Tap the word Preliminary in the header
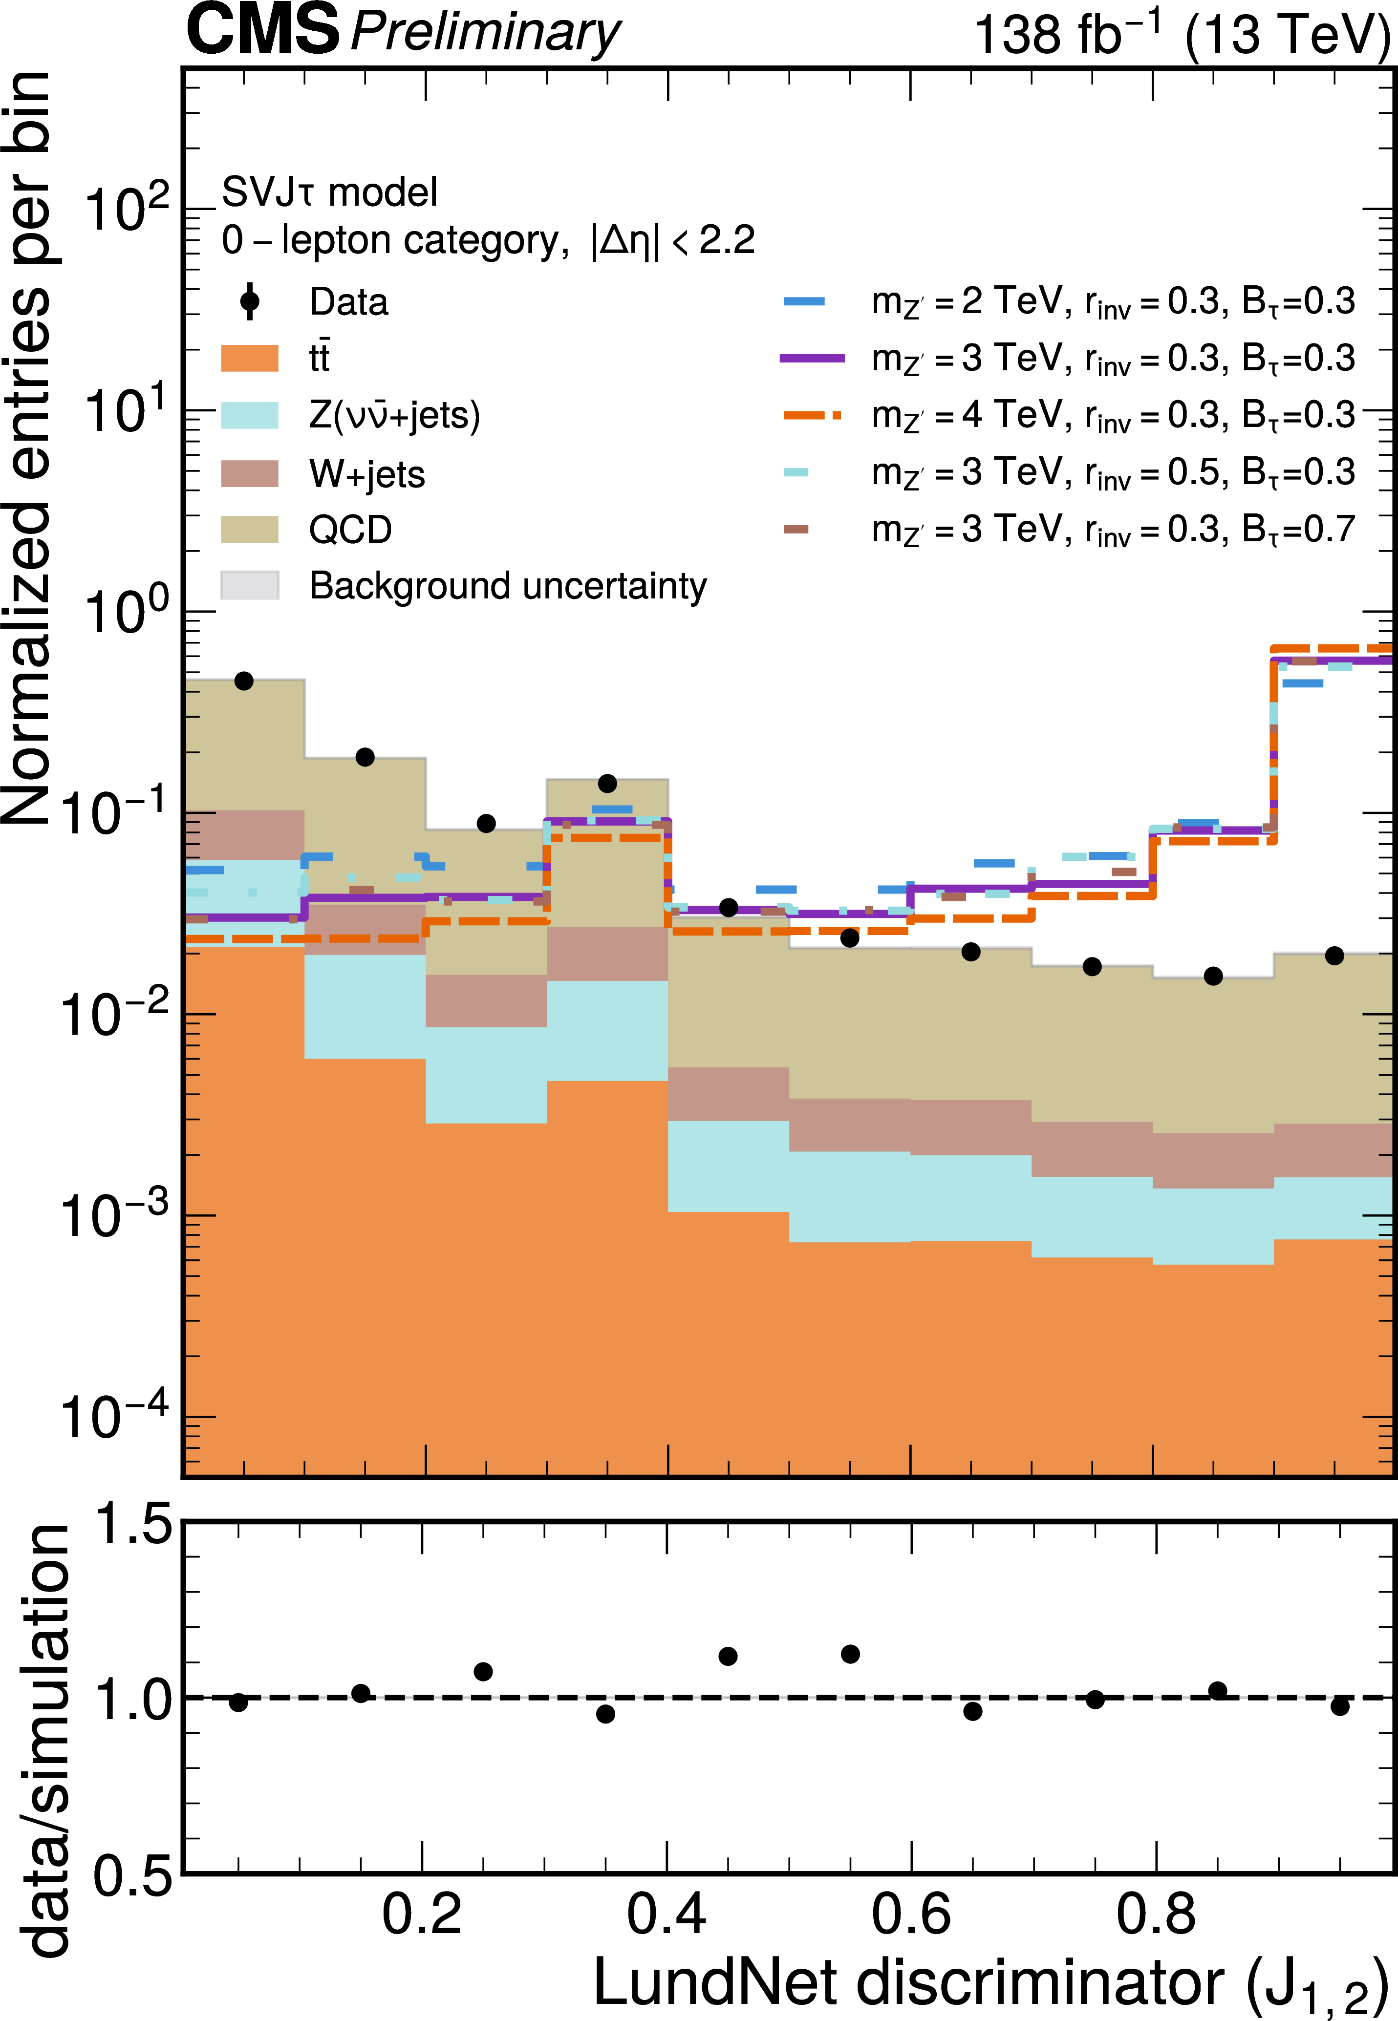click(484, 33)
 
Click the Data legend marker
click(250, 301)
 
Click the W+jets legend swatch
click(250, 473)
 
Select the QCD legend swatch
click(250, 529)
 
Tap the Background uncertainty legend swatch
click(250, 585)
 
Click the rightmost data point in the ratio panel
click(1339, 1706)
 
